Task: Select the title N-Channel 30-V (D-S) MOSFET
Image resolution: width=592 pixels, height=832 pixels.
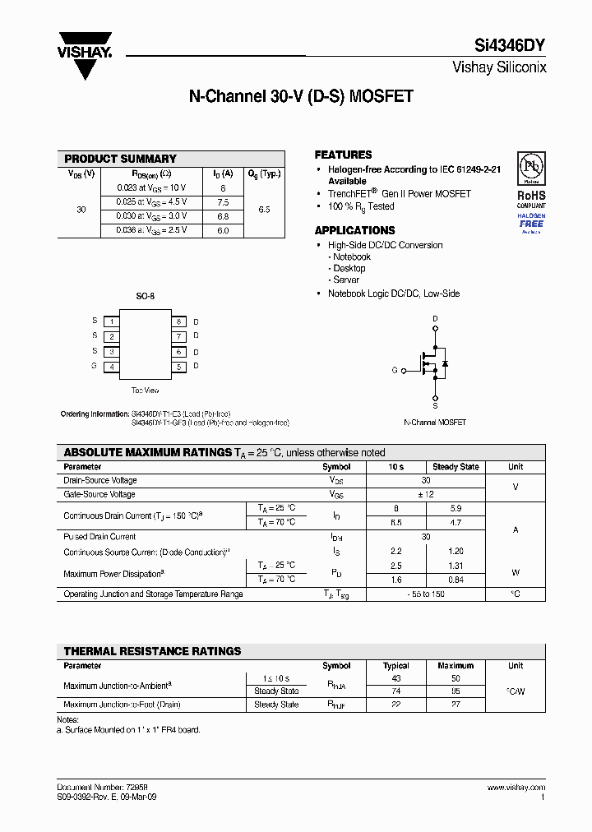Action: tap(301, 96)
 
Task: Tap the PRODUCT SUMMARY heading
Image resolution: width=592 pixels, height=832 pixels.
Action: tap(120, 159)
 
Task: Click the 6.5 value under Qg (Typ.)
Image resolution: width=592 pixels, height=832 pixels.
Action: tap(264, 210)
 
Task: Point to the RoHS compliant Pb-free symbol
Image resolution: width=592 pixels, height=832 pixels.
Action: tap(530, 169)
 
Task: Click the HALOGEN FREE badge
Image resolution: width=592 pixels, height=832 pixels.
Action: tap(531, 220)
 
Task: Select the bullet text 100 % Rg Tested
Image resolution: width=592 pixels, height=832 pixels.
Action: tap(361, 206)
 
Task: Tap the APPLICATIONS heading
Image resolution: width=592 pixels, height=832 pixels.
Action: tap(354, 230)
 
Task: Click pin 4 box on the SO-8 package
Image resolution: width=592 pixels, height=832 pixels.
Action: tap(111, 367)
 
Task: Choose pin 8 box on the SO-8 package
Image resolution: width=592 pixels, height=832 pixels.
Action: tap(178, 321)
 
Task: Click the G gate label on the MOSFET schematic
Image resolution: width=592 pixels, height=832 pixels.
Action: tap(395, 370)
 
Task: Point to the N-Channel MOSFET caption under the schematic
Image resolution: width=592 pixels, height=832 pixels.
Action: tap(435, 422)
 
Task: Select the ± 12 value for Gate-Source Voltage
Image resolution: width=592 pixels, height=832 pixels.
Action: tap(425, 494)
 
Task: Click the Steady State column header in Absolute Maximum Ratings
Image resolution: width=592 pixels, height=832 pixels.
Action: tap(456, 466)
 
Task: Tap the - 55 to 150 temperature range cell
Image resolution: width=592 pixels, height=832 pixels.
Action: tap(425, 594)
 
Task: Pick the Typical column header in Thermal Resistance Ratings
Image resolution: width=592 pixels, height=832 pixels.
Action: tap(396, 666)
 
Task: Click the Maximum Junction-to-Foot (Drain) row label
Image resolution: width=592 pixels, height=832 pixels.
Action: tap(122, 705)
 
